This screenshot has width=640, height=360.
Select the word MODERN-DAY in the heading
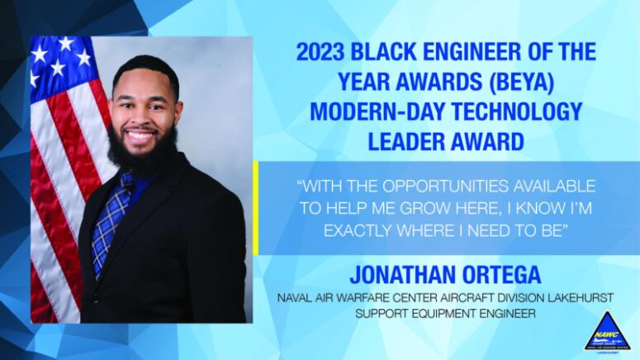[x=372, y=111]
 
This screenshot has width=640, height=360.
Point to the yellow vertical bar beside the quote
[x=256, y=208]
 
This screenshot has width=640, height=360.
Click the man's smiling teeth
[x=141, y=136]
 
